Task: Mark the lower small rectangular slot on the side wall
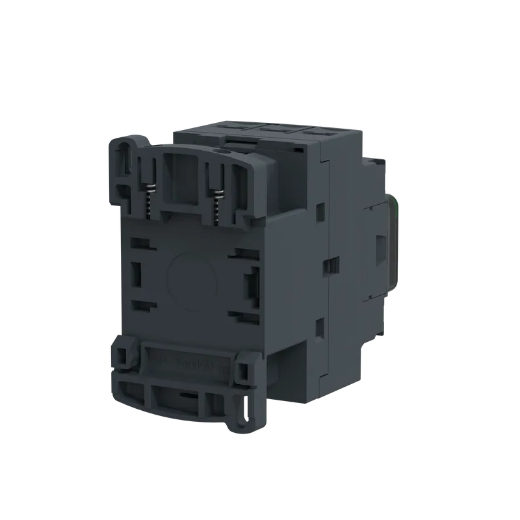320,328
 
